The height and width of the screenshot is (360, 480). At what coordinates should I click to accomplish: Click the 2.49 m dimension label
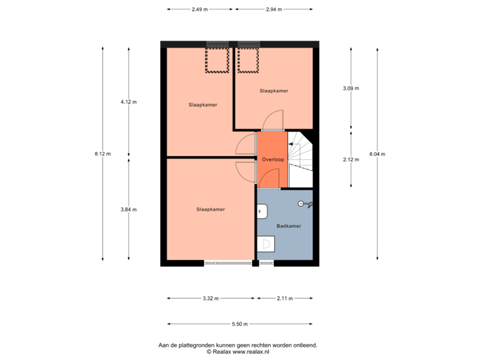coord(199,9)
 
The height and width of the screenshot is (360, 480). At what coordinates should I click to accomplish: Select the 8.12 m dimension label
coord(103,154)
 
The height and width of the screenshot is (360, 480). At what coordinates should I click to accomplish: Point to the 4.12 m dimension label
coord(128,102)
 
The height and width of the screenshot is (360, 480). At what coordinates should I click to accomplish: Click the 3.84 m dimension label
coord(128,209)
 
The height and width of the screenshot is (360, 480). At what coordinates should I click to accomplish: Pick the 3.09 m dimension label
coord(351,88)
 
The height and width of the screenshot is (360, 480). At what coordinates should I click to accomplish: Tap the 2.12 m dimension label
coord(351,159)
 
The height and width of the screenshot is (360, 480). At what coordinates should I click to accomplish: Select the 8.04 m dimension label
coord(377,154)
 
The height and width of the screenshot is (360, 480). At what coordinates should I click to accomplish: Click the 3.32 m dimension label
coord(211,299)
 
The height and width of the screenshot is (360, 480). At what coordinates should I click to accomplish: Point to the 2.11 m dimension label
coord(285,299)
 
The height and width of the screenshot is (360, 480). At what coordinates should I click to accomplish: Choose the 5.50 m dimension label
coord(240,325)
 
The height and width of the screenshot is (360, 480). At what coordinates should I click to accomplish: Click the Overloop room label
coord(273,159)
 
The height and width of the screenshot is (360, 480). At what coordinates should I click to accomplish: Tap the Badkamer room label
coord(289,226)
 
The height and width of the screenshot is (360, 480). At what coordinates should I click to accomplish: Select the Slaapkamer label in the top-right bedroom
coord(273,91)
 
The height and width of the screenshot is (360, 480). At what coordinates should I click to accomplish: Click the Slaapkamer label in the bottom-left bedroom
coord(211,209)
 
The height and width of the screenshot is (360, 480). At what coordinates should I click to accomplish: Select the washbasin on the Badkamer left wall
coord(261,211)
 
